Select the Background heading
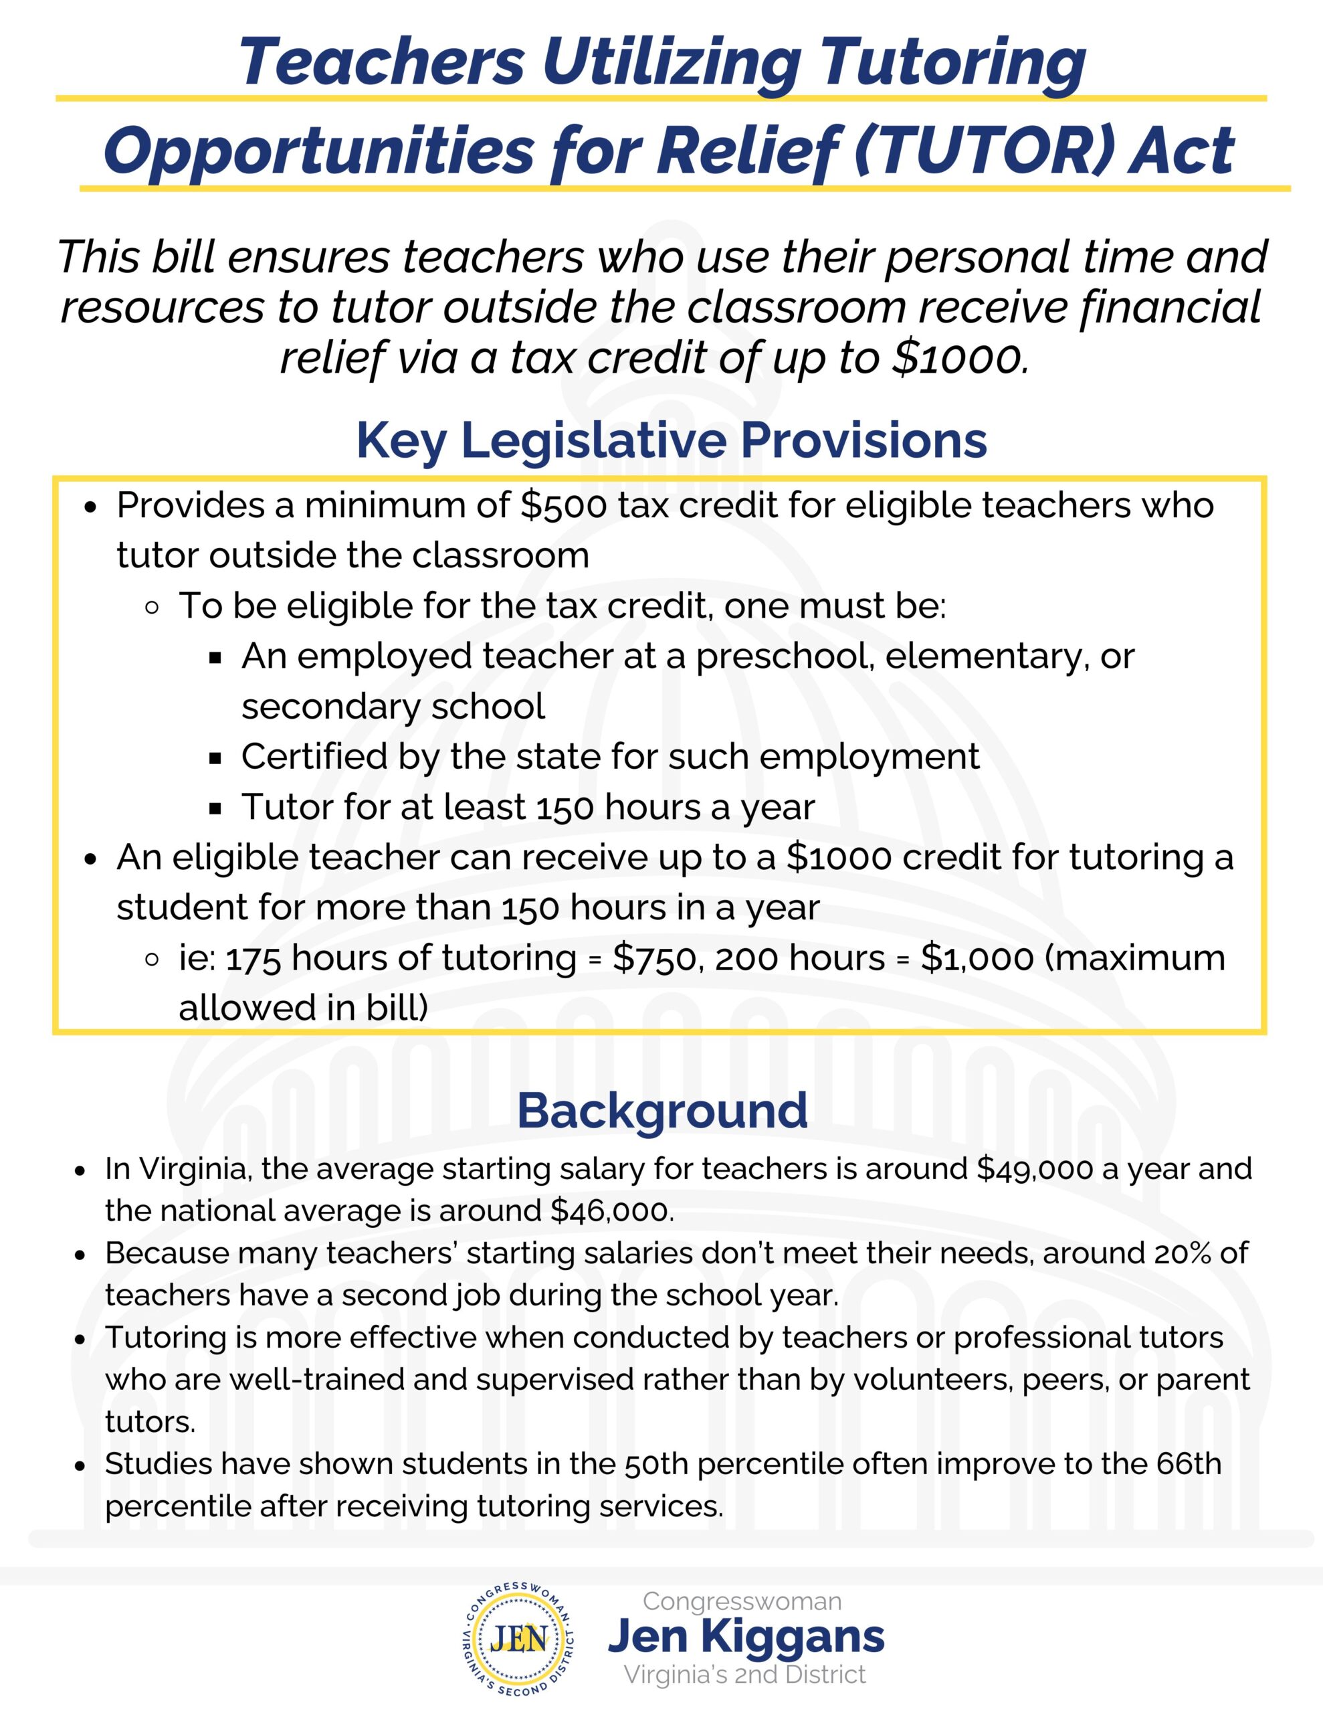point(662,1111)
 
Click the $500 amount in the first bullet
point(564,506)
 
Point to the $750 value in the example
point(655,958)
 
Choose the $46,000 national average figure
point(612,1210)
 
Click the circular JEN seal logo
point(518,1637)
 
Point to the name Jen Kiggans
point(746,1637)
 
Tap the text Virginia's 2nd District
point(744,1675)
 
